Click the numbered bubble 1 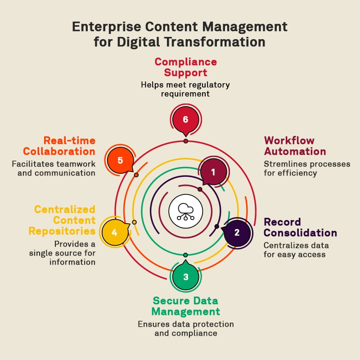pyautogui.click(x=213, y=172)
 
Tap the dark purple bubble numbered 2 pyautogui.click(x=237, y=233)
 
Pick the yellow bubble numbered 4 pyautogui.click(x=114, y=232)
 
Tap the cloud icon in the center pyautogui.click(x=185, y=210)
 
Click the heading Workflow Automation pyautogui.click(x=295, y=145)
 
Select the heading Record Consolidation pyautogui.click(x=300, y=227)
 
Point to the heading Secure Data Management pyautogui.click(x=185, y=306)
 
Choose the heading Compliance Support pyautogui.click(x=185, y=67)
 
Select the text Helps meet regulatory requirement pyautogui.click(x=185, y=89)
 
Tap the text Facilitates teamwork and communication pyautogui.click(x=54, y=168)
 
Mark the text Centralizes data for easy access pyautogui.click(x=296, y=250)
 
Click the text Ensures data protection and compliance pyautogui.click(x=185, y=328)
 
